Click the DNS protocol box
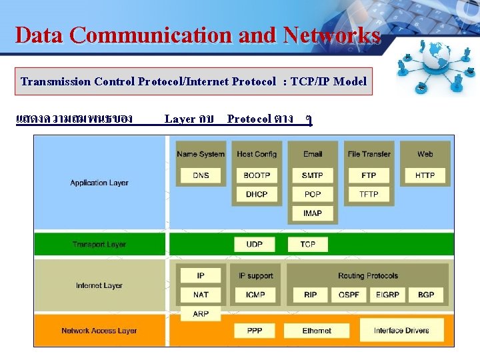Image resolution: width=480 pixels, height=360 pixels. tap(201, 175)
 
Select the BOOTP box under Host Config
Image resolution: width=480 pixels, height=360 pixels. tap(257, 175)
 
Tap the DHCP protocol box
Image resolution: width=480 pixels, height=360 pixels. tap(257, 194)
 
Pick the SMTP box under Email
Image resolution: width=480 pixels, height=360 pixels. tap(313, 175)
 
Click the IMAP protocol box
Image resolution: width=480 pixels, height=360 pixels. tap(313, 213)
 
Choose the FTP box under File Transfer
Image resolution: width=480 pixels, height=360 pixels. tap(369, 175)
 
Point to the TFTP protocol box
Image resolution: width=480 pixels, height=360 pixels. tap(369, 194)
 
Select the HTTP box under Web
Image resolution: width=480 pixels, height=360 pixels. tap(425, 175)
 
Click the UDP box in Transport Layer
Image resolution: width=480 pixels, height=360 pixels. tap(254, 245)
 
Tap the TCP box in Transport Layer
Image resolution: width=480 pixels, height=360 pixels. tap(307, 245)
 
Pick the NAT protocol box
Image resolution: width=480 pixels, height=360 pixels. tap(201, 295)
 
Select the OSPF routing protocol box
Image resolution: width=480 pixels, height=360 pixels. tap(349, 295)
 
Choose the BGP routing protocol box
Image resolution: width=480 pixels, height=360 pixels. tap(425, 295)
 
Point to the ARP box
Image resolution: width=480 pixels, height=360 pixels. tap(201, 313)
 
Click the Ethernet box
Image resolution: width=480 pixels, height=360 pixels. tap(317, 331)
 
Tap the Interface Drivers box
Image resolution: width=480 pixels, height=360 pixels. tap(401, 331)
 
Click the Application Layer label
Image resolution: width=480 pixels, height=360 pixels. tap(99, 183)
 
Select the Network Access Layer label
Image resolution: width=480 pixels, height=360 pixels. tap(99, 331)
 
